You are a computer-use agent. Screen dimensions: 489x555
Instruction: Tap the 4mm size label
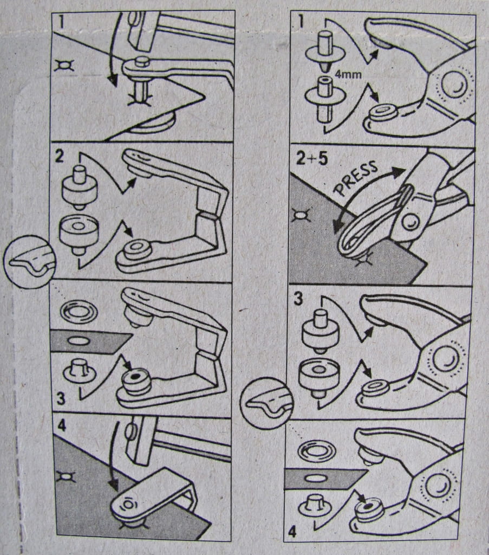point(349,75)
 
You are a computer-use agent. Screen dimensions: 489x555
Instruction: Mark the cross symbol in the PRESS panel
point(301,215)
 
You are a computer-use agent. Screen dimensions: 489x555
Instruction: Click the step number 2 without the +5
point(60,156)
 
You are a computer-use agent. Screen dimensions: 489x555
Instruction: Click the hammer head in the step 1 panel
point(141,31)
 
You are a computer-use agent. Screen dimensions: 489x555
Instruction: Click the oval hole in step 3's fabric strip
point(79,340)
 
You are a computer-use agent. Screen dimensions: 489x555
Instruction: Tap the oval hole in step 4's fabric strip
point(314,479)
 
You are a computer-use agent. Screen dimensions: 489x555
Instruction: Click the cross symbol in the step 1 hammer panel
point(64,66)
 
